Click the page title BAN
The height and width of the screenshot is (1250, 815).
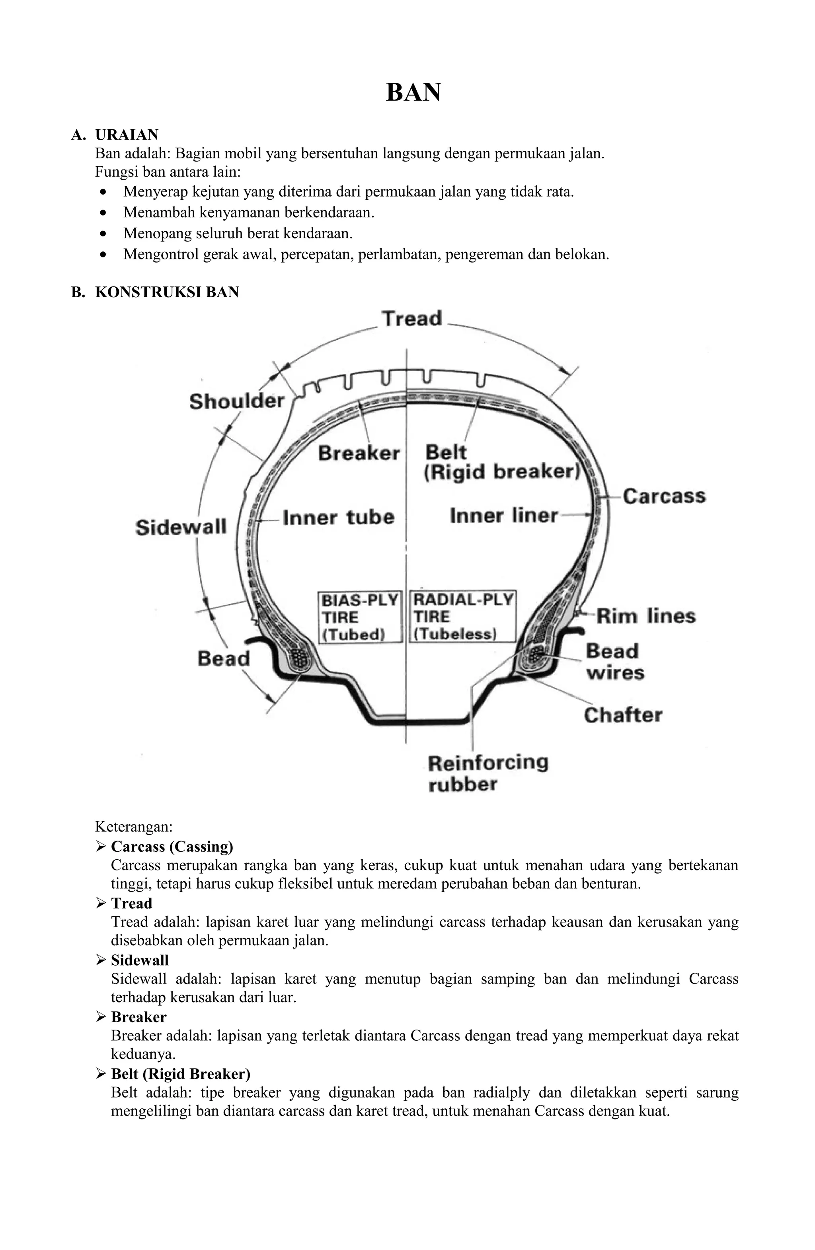pos(413,92)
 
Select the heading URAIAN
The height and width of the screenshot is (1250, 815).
pos(127,135)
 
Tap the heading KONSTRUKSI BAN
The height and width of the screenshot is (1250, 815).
pos(167,292)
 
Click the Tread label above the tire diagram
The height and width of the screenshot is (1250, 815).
pos(412,319)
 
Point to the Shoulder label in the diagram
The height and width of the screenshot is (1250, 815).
pos(236,401)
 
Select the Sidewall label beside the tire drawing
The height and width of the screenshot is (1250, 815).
pos(181,527)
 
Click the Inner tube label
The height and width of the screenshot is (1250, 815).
pos(338,517)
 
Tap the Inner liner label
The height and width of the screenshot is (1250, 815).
pos(503,516)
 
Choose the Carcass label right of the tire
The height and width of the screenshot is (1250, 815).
pos(664,496)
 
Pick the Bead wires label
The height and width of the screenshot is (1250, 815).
pos(614,662)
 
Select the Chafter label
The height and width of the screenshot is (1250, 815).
pos(623,715)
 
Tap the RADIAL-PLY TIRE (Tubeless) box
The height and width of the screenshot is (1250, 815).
pos(462,617)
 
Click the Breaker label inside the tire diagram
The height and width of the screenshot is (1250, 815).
pos(359,453)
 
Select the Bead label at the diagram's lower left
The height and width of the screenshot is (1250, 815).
pos(223,658)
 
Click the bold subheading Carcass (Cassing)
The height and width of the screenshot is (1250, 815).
pos(172,847)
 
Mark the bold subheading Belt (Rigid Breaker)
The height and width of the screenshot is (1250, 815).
pos(180,1073)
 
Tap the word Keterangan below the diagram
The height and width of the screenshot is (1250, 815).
pos(133,827)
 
